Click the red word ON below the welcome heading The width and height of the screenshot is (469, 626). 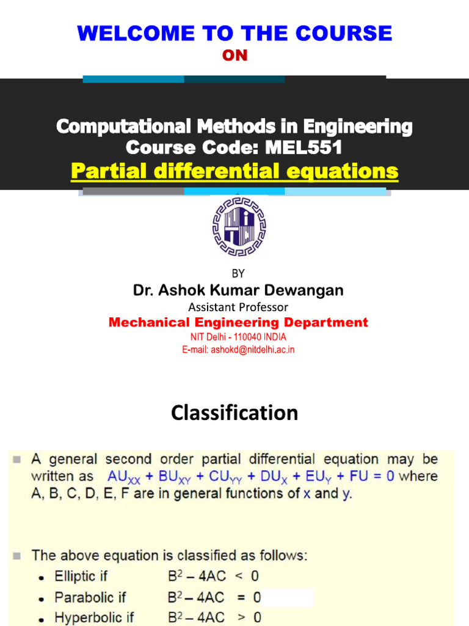(x=234, y=56)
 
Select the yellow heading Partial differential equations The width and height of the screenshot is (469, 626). (x=234, y=171)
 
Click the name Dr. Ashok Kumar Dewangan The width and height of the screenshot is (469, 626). (x=238, y=291)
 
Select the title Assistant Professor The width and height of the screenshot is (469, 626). (x=238, y=307)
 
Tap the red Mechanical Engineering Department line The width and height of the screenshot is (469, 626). (x=238, y=322)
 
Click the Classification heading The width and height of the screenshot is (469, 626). (x=234, y=413)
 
